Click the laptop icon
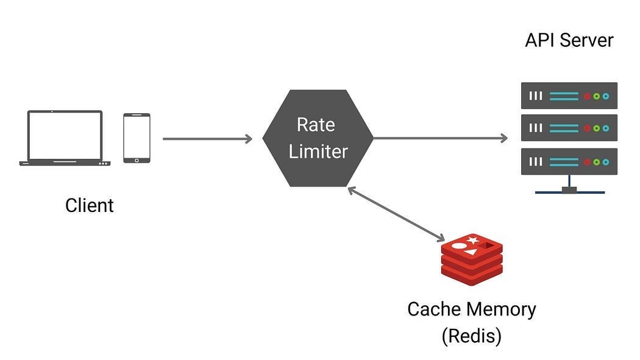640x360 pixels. pos(65,138)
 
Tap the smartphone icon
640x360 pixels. pos(137,138)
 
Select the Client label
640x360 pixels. pos(89,205)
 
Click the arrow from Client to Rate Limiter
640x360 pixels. pos(207,139)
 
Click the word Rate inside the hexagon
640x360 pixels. pos(316,125)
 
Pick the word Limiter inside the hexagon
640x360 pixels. pos(318,151)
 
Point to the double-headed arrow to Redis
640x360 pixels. pos(396,214)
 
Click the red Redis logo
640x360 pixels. pos(472,259)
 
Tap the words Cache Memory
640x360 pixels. pos(471,309)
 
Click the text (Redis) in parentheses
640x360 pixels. pos(471,336)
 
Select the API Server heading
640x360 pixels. pos(569,41)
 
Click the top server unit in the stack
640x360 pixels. pos(569,96)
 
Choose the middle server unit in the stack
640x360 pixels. pos(569,128)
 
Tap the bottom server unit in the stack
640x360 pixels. pos(569,161)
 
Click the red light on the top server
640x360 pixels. pos(588,96)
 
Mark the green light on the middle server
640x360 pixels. pos(597,129)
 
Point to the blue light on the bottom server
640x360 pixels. pos(605,162)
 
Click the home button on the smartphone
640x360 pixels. pos(137,160)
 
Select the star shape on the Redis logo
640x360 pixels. pos(472,241)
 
